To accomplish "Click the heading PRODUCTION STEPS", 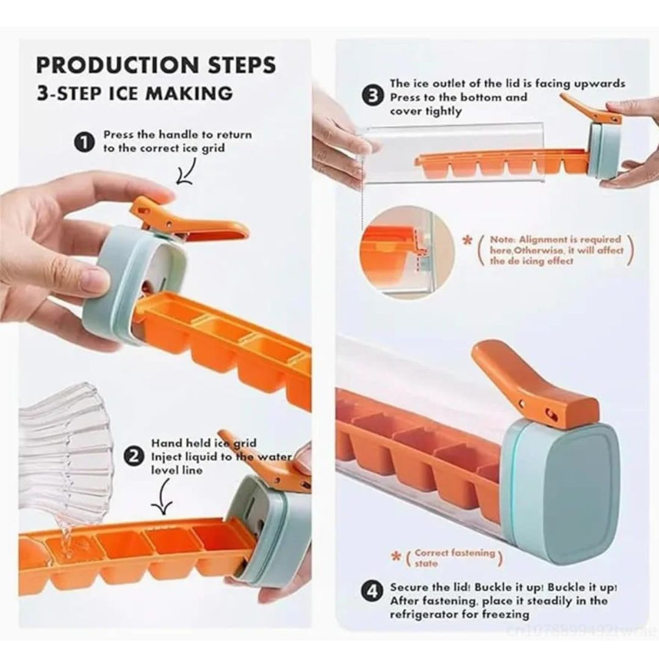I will click(156, 65).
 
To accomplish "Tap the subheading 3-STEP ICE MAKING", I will click(134, 93).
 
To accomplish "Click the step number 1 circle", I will click(84, 143).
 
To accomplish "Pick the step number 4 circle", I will click(373, 591).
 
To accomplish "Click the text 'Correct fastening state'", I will click(453, 558).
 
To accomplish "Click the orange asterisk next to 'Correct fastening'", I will click(397, 558).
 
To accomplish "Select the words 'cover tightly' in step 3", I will click(426, 111).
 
